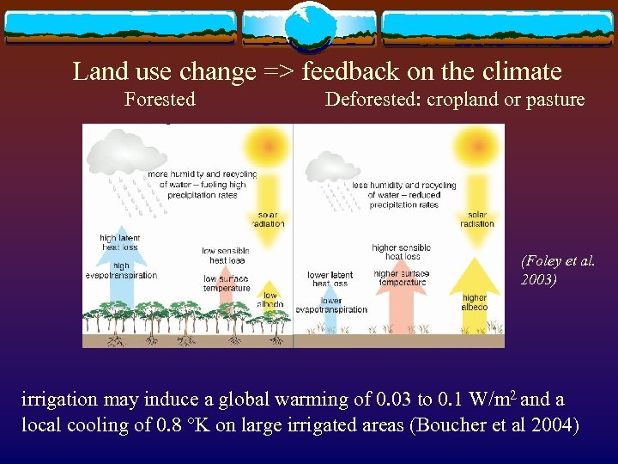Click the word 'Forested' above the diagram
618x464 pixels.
[160, 100]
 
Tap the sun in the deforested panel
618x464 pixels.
[476, 142]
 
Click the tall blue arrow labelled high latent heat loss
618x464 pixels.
[121, 284]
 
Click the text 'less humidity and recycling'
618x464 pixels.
[403, 186]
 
